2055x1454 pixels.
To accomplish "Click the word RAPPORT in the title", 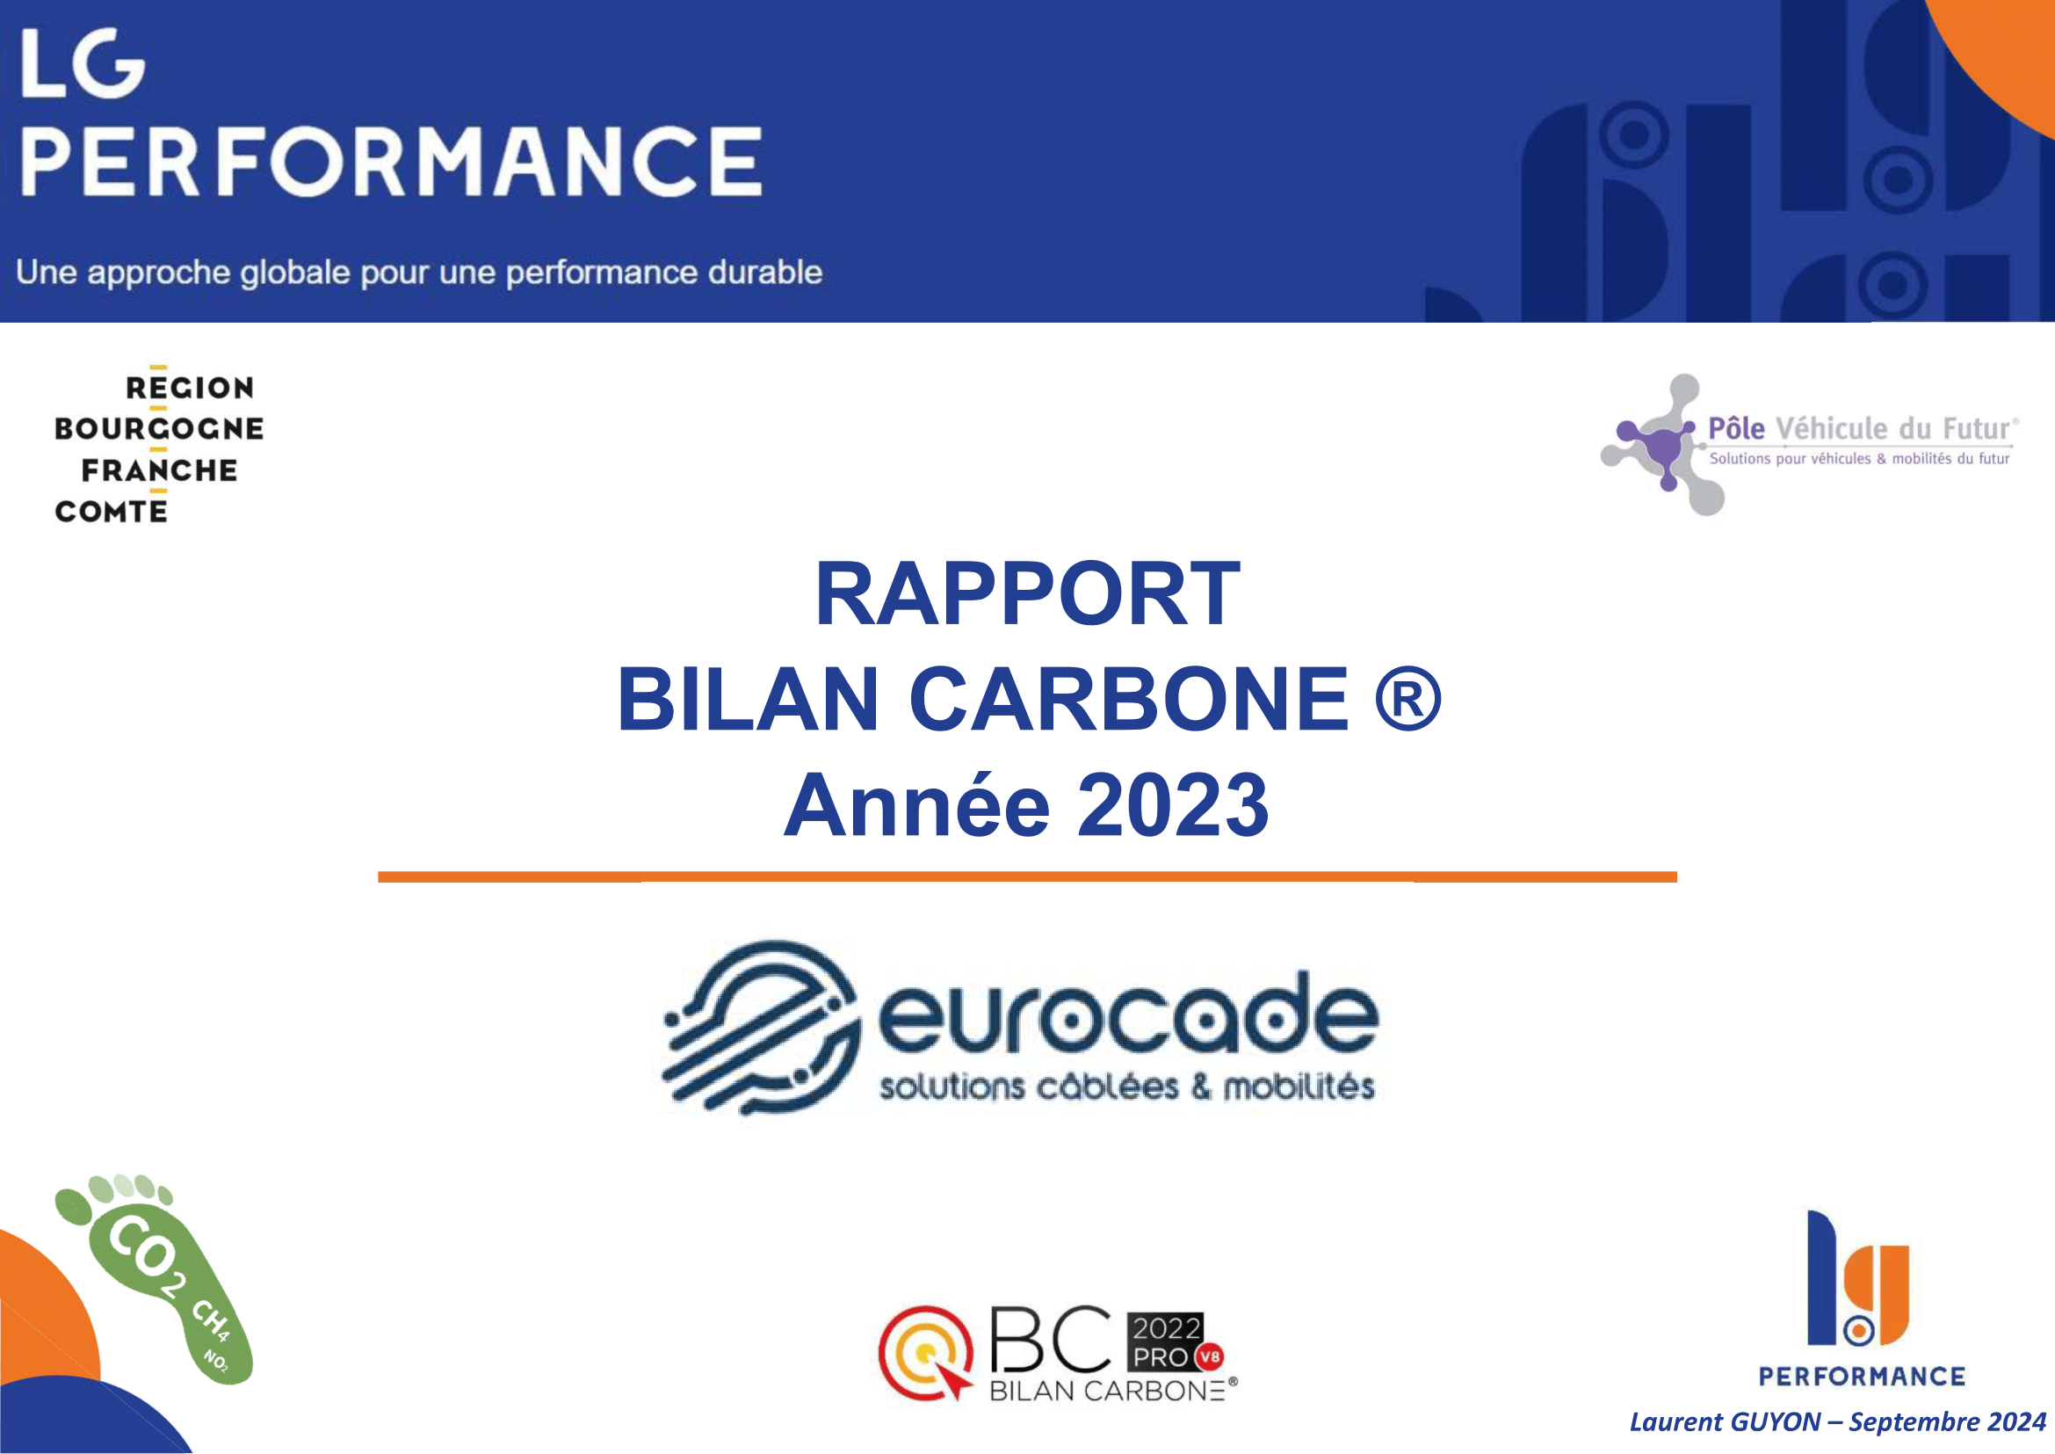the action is pos(1028,593).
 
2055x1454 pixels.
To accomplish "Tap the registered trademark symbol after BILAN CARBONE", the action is pos(1407,698).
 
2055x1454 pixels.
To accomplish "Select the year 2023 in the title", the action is pos(1174,805).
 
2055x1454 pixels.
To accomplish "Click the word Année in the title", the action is pos(916,805).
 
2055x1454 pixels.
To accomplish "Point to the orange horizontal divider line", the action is pos(1028,877).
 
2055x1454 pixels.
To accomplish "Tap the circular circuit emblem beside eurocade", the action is pos(762,1028).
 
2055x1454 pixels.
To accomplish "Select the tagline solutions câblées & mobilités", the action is pos(1127,1087).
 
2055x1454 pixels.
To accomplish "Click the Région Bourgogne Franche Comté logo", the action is pos(158,446).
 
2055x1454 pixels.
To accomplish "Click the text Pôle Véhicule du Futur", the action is pos(1862,429).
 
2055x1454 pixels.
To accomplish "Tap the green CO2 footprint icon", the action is pos(154,1278).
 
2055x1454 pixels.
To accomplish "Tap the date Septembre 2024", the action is pos(1949,1421).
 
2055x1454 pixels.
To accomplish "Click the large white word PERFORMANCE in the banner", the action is pos(391,160).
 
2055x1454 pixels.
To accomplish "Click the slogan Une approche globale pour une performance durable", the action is pos(419,273).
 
